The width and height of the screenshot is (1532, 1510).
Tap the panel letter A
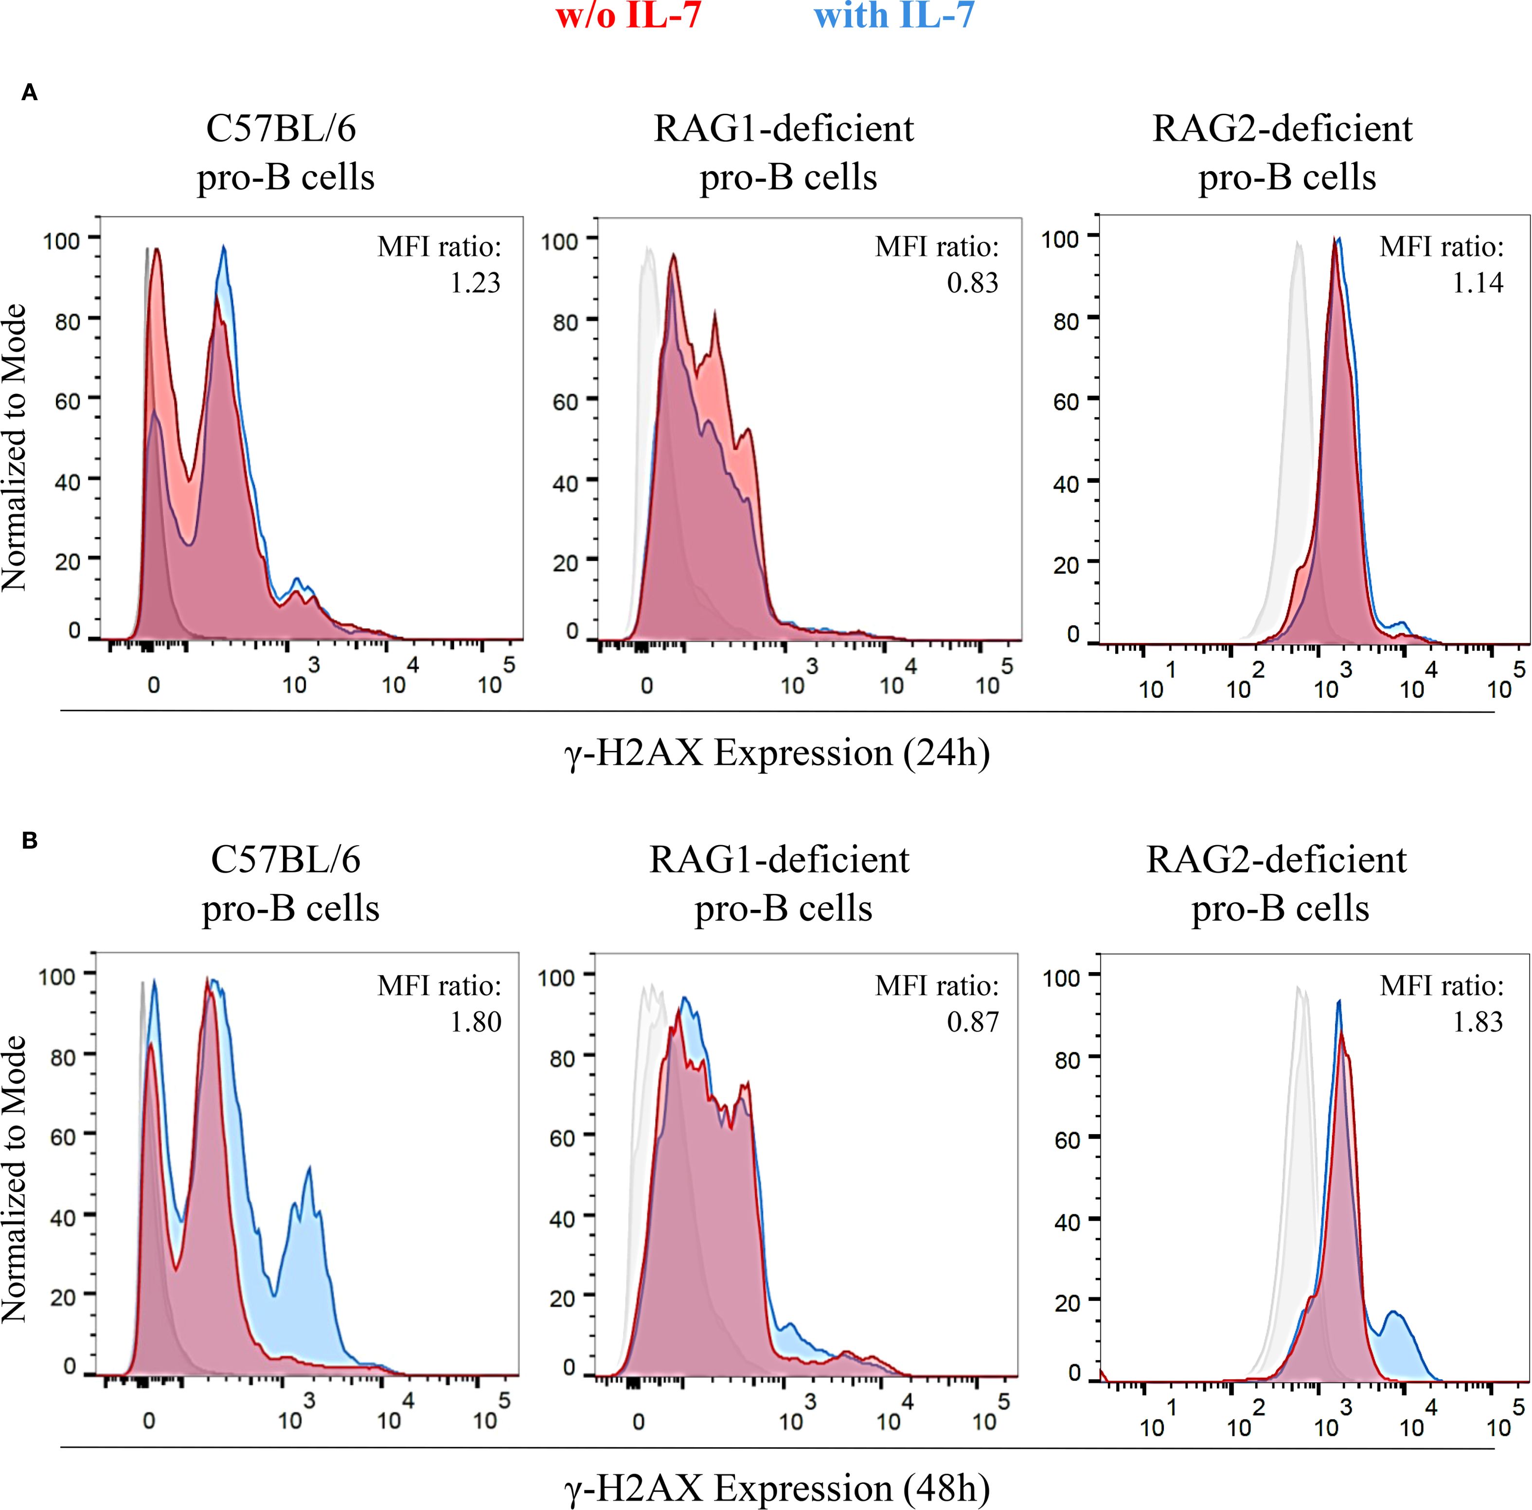tap(29, 93)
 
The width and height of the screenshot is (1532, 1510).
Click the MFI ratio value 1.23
tap(476, 283)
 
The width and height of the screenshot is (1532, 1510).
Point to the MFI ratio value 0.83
tap(973, 283)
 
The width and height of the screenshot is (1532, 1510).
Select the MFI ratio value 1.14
tap(1478, 283)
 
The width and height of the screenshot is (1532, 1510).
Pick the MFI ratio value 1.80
tap(476, 1021)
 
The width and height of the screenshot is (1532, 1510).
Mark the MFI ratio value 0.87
tap(973, 1021)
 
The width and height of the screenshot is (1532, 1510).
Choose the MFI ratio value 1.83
tap(1478, 1021)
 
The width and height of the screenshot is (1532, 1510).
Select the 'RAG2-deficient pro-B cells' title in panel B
tap(1278, 884)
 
